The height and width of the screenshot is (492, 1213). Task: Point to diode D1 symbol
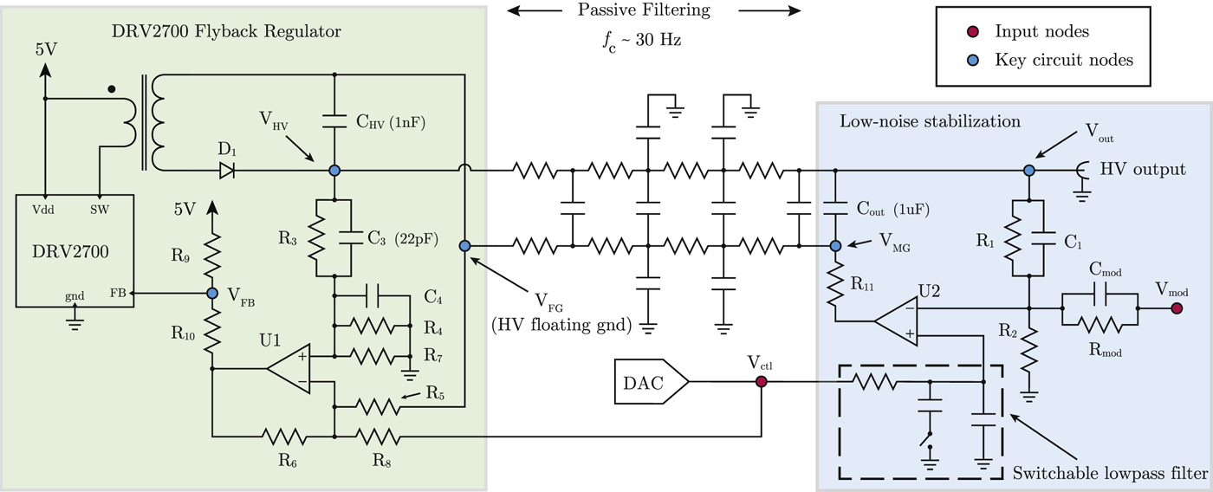[227, 172]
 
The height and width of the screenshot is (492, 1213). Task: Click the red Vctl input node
[762, 382]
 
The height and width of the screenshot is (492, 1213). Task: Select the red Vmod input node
[1176, 307]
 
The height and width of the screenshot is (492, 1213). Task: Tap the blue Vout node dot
[1029, 171]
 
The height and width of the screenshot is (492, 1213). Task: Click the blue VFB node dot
[212, 294]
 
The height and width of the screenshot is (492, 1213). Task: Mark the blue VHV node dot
[334, 172]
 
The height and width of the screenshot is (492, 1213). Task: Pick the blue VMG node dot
[835, 246]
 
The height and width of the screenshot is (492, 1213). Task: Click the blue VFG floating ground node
[464, 246]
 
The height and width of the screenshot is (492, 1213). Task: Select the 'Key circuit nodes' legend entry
[1063, 60]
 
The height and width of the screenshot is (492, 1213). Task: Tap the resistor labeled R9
[212, 253]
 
